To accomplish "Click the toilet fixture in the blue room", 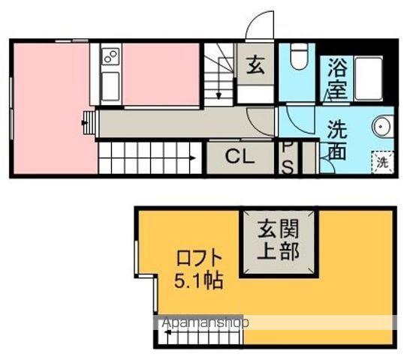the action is tap(299, 56).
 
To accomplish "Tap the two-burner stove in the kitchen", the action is tap(110, 57).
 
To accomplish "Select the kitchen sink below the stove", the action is tap(110, 86).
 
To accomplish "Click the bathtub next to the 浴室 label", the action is tap(369, 78).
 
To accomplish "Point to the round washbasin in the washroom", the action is tap(381, 127).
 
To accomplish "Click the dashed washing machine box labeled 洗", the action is tap(382, 163).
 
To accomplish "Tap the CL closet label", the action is tap(240, 157).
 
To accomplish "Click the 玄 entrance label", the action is tap(255, 65).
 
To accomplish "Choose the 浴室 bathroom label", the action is tap(337, 78).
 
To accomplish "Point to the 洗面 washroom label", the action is tap(337, 139).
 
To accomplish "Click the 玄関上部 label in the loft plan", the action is tap(278, 239).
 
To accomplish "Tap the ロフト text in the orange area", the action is tap(199, 258).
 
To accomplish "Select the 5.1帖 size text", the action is tap(199, 280).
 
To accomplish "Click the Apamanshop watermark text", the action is tap(205, 323).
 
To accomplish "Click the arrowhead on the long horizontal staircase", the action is tap(193, 158).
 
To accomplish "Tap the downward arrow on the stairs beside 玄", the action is tap(219, 95).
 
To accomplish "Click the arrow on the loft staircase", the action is tap(167, 332).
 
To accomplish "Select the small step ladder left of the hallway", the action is tap(89, 123).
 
